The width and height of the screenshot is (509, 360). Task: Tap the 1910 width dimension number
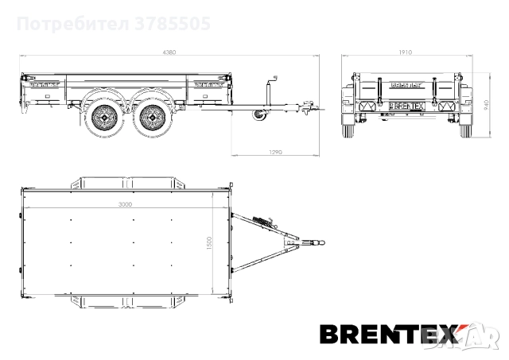tap(404, 52)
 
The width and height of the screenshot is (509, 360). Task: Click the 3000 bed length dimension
tap(124, 204)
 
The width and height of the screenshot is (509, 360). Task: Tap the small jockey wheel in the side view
tap(258, 117)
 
